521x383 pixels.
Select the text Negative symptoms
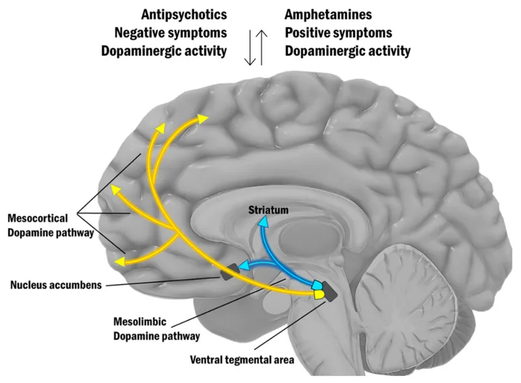[170, 33]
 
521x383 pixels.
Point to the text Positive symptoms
[339, 33]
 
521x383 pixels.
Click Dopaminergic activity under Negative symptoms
[163, 51]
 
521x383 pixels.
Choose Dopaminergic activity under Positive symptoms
[348, 51]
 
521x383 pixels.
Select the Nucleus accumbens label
[55, 285]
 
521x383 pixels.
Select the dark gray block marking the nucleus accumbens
[227, 272]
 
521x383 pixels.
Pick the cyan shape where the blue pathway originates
[317, 285]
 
